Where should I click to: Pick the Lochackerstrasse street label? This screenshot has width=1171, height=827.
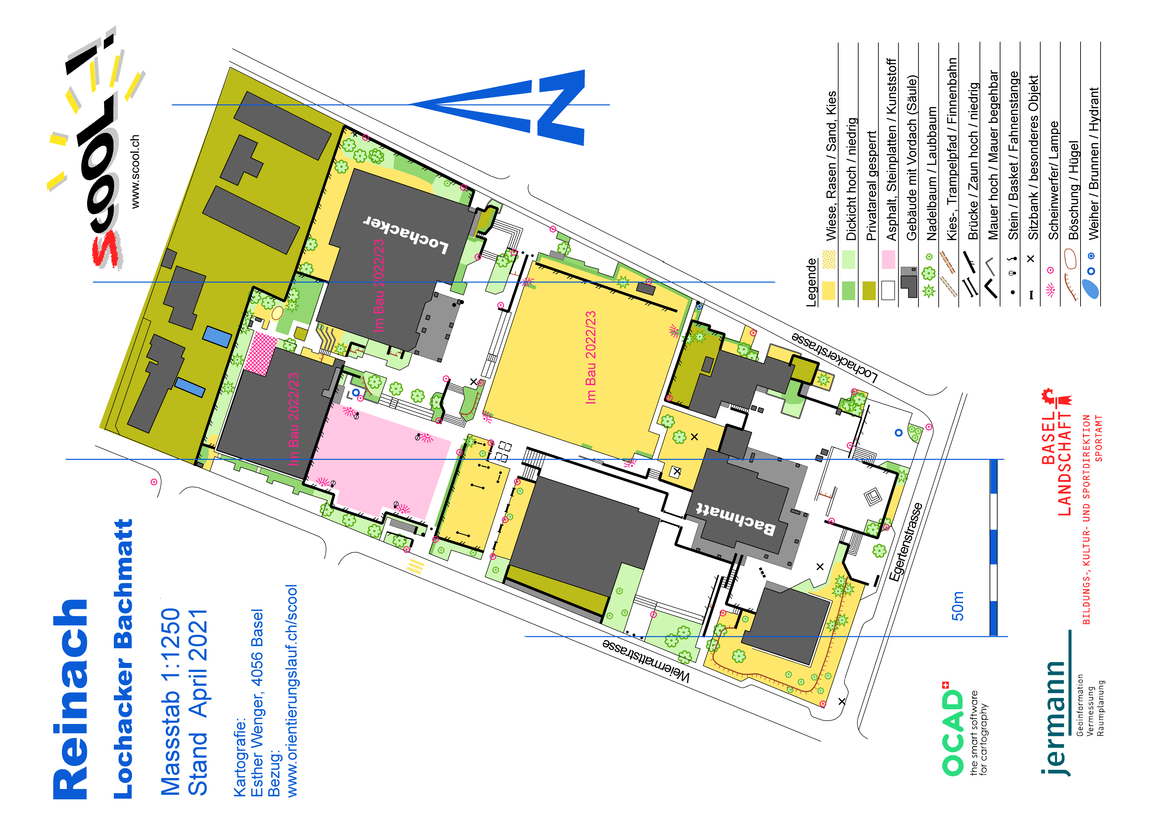(835, 357)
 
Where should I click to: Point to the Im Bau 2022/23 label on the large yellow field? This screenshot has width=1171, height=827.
(591, 358)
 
